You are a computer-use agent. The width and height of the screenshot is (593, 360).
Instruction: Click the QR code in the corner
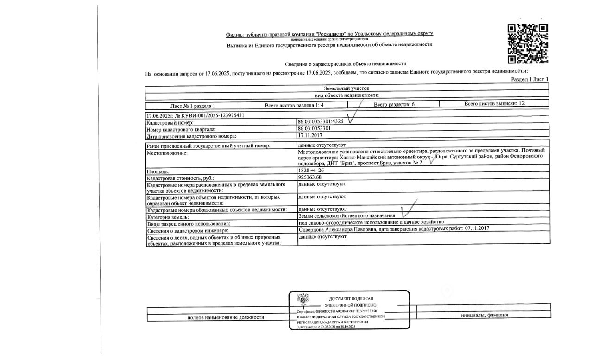coord(528,44)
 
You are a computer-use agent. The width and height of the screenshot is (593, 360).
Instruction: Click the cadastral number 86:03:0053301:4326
coord(321,121)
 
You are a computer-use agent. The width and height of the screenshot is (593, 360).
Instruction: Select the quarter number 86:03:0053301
coord(314,128)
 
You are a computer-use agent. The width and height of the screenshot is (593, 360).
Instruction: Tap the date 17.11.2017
coord(309,135)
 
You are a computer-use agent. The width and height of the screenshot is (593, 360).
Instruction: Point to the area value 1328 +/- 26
coord(311,171)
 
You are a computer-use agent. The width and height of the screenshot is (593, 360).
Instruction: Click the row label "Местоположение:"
coord(166,153)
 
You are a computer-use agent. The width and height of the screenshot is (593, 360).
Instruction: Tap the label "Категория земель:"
coord(168,217)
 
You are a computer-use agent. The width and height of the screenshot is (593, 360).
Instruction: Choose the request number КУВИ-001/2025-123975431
coord(196,115)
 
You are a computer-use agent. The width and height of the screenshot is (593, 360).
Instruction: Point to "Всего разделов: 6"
coord(394,105)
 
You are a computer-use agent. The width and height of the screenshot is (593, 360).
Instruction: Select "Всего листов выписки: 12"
coord(494,104)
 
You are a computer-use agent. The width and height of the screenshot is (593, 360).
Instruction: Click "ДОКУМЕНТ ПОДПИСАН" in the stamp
coord(351,299)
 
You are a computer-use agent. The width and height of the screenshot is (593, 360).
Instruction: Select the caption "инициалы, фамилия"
coord(484,316)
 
